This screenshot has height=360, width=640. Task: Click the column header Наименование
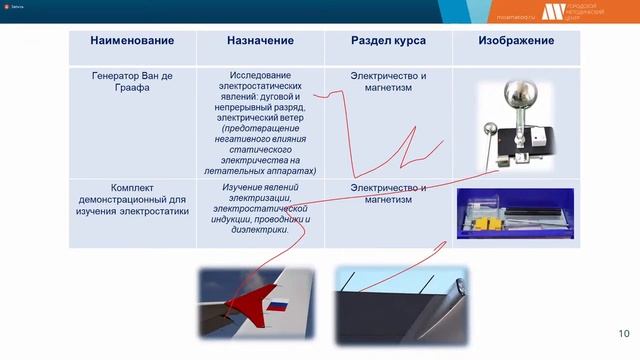132,40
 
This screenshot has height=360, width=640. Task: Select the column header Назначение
260,40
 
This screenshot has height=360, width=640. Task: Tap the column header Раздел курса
388,40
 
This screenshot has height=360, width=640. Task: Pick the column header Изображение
516,40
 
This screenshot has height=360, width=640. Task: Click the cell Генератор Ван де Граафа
132,83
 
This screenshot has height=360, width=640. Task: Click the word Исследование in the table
260,75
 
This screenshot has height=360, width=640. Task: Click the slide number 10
624,333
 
